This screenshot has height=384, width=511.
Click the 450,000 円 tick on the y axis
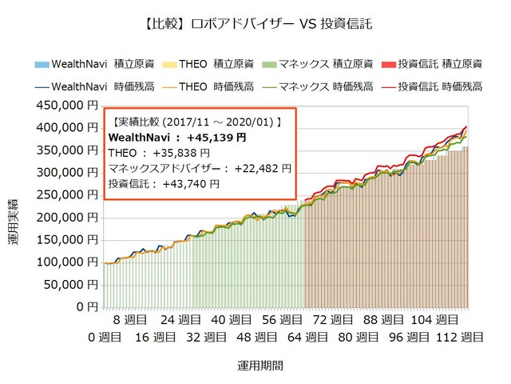(68, 105)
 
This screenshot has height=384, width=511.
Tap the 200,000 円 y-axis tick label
(68, 217)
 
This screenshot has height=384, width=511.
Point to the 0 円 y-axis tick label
(86, 306)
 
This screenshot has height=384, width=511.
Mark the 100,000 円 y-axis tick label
(68, 262)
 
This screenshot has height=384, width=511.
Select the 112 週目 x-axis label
(460, 338)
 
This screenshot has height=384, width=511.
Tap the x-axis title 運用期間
(259, 366)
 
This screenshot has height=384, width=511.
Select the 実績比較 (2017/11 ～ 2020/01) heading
(196, 122)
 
